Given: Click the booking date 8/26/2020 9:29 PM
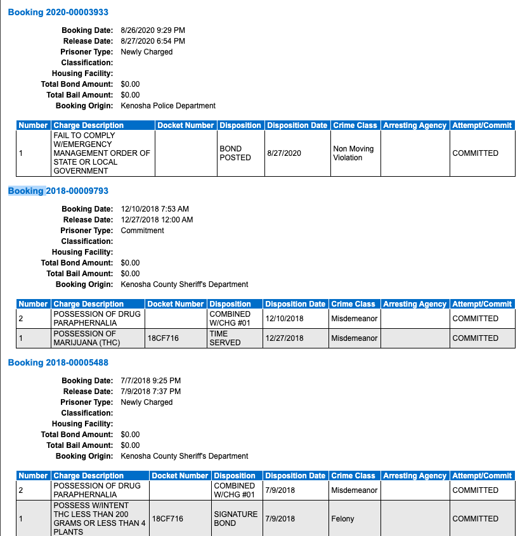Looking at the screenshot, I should point(153,30).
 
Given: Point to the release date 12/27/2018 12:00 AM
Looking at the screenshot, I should point(157,220).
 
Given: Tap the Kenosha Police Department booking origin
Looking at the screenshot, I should point(168,106).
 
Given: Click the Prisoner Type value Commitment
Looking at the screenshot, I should point(142,231).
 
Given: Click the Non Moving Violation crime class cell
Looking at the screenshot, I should point(353,153).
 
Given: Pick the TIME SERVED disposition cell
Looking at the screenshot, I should point(225,338).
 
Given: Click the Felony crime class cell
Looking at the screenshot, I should point(343,519).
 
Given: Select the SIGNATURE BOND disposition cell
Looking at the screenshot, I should point(235,519).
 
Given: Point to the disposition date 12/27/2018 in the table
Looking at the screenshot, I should point(284,338).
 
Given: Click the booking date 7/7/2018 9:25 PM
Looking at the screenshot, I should point(150,381).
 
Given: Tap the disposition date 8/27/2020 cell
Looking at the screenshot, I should point(284,153).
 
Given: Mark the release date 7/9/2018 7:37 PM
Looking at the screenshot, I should point(150,392).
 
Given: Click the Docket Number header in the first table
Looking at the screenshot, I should point(186,125).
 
